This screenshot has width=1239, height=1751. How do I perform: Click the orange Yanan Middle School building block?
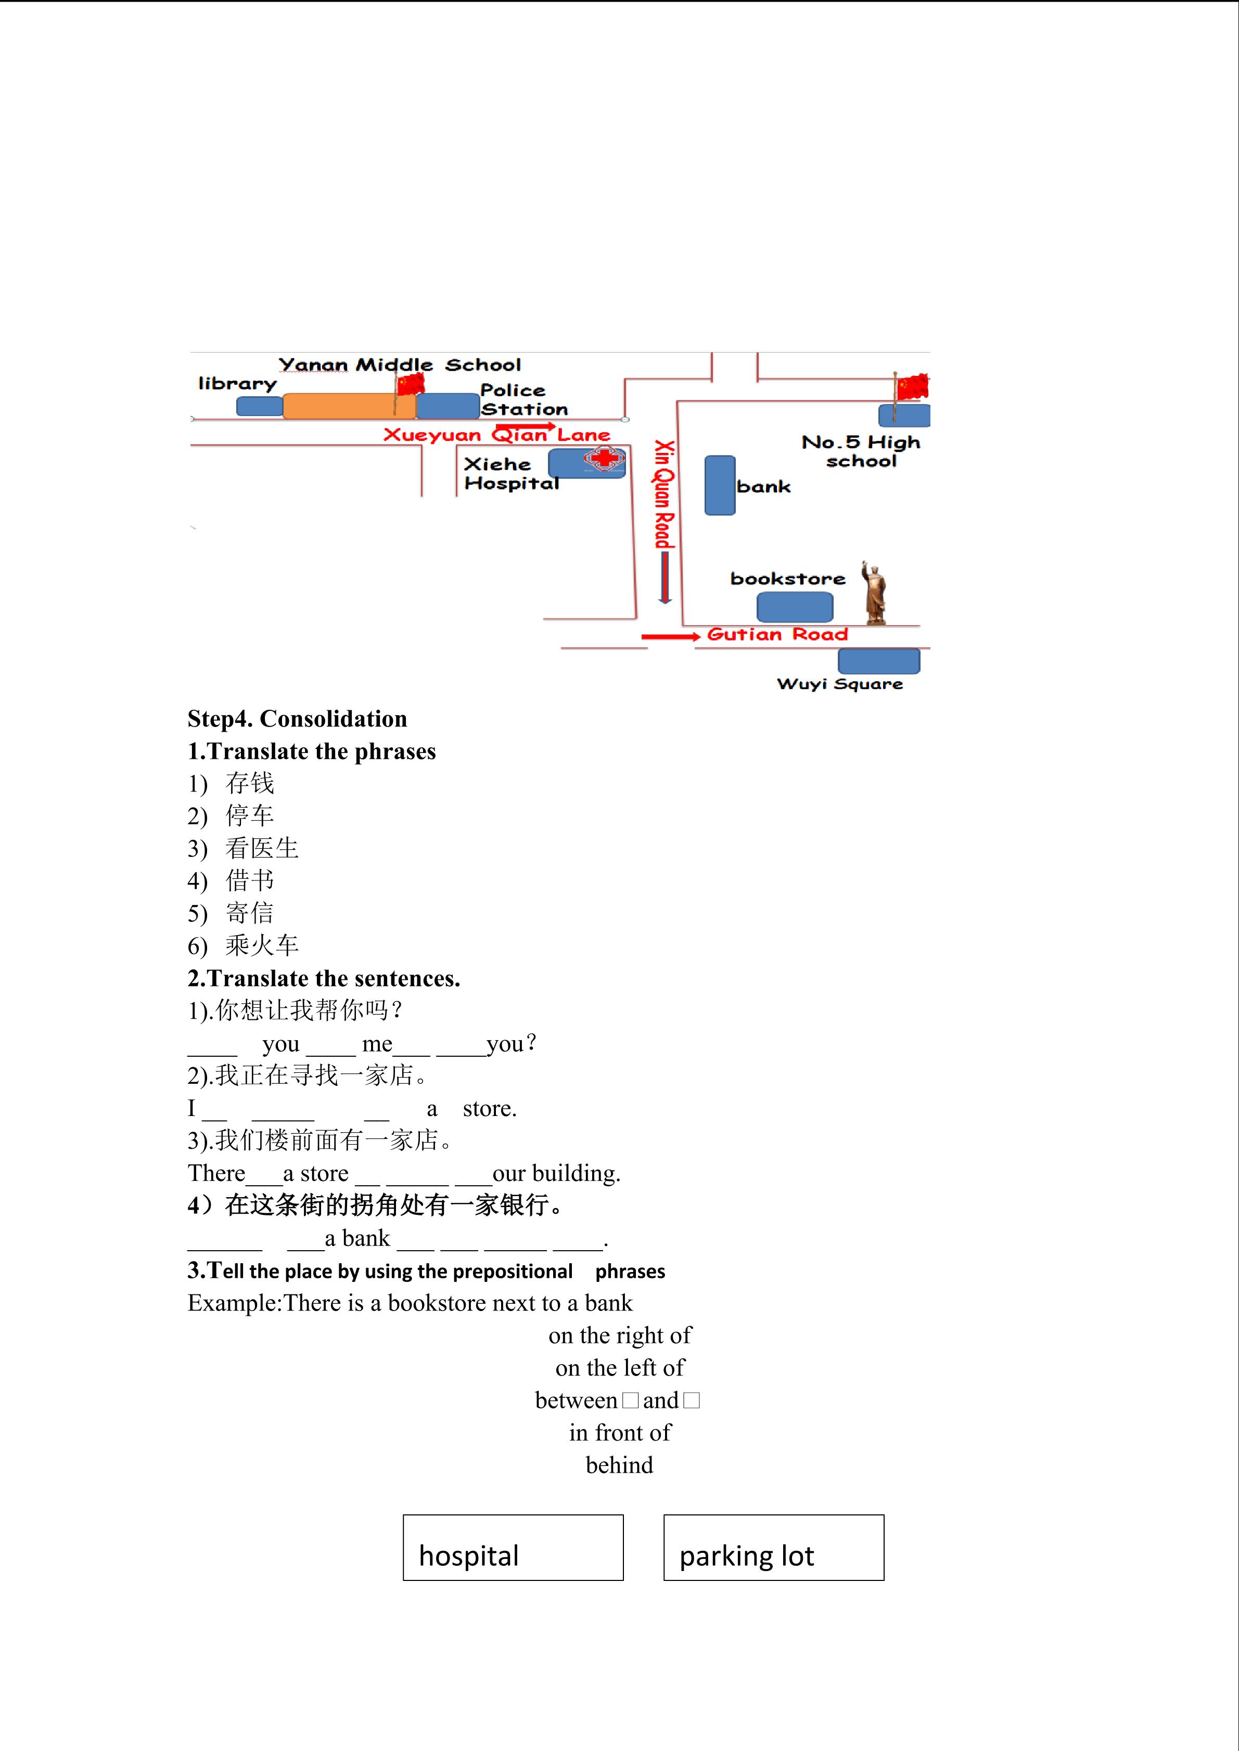pos(349,407)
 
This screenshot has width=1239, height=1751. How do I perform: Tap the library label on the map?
pos(237,384)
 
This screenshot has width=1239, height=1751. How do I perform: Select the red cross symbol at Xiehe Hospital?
pos(604,458)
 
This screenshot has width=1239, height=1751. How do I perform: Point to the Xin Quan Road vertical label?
pos(665,494)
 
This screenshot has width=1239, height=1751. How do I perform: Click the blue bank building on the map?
pos(720,486)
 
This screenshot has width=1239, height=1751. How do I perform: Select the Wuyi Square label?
pos(839,684)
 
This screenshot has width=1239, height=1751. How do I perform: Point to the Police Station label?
pos(524,399)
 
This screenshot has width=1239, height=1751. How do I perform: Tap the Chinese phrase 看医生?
pos(262,848)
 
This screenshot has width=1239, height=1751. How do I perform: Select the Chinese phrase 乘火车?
pos(262,945)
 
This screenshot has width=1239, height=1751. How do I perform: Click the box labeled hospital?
pos(514,1547)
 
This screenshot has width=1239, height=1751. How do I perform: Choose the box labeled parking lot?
pos(774,1547)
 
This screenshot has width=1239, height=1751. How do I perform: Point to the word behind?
pos(619,1465)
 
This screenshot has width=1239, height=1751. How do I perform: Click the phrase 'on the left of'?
pos(619,1367)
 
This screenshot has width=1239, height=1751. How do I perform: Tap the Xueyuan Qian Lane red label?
pos(496,435)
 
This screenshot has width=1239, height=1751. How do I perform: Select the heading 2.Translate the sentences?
pos(324,978)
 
